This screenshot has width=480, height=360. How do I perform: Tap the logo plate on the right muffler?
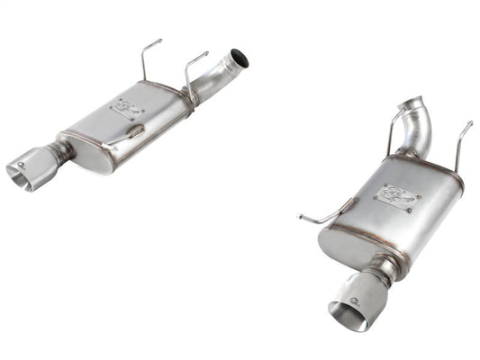point(396,197)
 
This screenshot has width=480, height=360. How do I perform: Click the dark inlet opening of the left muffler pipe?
point(240,60)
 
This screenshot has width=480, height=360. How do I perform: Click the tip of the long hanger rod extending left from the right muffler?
point(300,216)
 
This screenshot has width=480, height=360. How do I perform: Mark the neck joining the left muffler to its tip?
point(63,151)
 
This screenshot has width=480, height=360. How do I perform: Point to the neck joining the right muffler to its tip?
point(383,268)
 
